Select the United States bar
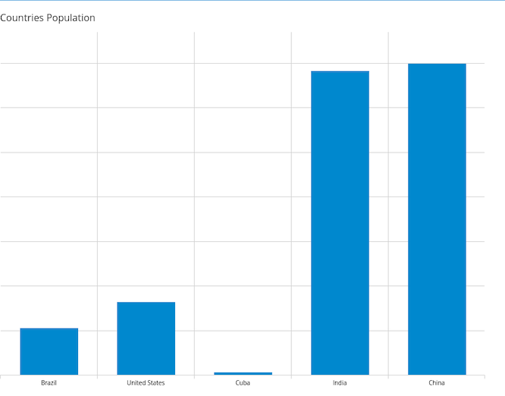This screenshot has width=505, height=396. (146, 338)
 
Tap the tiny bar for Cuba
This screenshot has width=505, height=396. (243, 373)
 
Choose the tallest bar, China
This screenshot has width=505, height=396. (437, 219)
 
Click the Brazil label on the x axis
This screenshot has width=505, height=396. (49, 383)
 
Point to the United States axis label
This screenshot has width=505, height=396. (146, 383)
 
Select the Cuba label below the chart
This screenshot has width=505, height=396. (243, 383)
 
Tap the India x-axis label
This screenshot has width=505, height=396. (340, 383)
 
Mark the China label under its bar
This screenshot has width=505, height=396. (437, 383)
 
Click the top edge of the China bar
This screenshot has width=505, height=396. (437, 64)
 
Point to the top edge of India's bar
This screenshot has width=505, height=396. (340, 71)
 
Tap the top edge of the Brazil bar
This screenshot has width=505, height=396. (49, 328)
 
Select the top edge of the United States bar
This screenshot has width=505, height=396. (146, 303)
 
